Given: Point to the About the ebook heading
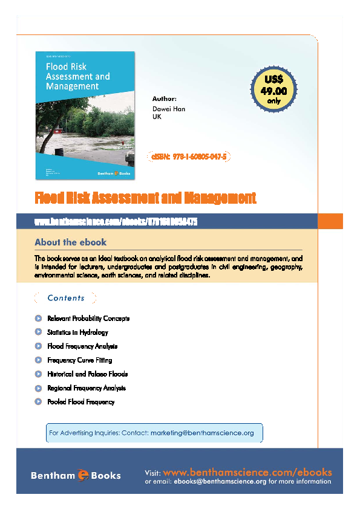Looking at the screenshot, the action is point(70,242).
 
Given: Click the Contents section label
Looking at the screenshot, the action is point(66,298).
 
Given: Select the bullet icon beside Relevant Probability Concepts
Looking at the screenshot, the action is point(38,319).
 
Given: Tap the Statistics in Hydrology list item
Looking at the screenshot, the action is point(77,332).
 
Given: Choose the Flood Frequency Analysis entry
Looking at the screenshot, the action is point(82,346).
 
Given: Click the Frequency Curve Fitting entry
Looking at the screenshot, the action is point(79,360).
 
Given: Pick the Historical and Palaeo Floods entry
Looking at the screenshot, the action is point(87,374).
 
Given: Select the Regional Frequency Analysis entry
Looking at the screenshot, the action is point(86,388).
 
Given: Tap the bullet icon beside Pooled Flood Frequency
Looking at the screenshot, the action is point(38,402).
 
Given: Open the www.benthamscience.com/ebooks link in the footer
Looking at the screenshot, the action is point(247,472).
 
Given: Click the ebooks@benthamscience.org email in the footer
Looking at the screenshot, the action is point(220,482).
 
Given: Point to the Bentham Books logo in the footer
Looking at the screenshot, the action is point(76,476).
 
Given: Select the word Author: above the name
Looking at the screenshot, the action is point(165,98).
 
